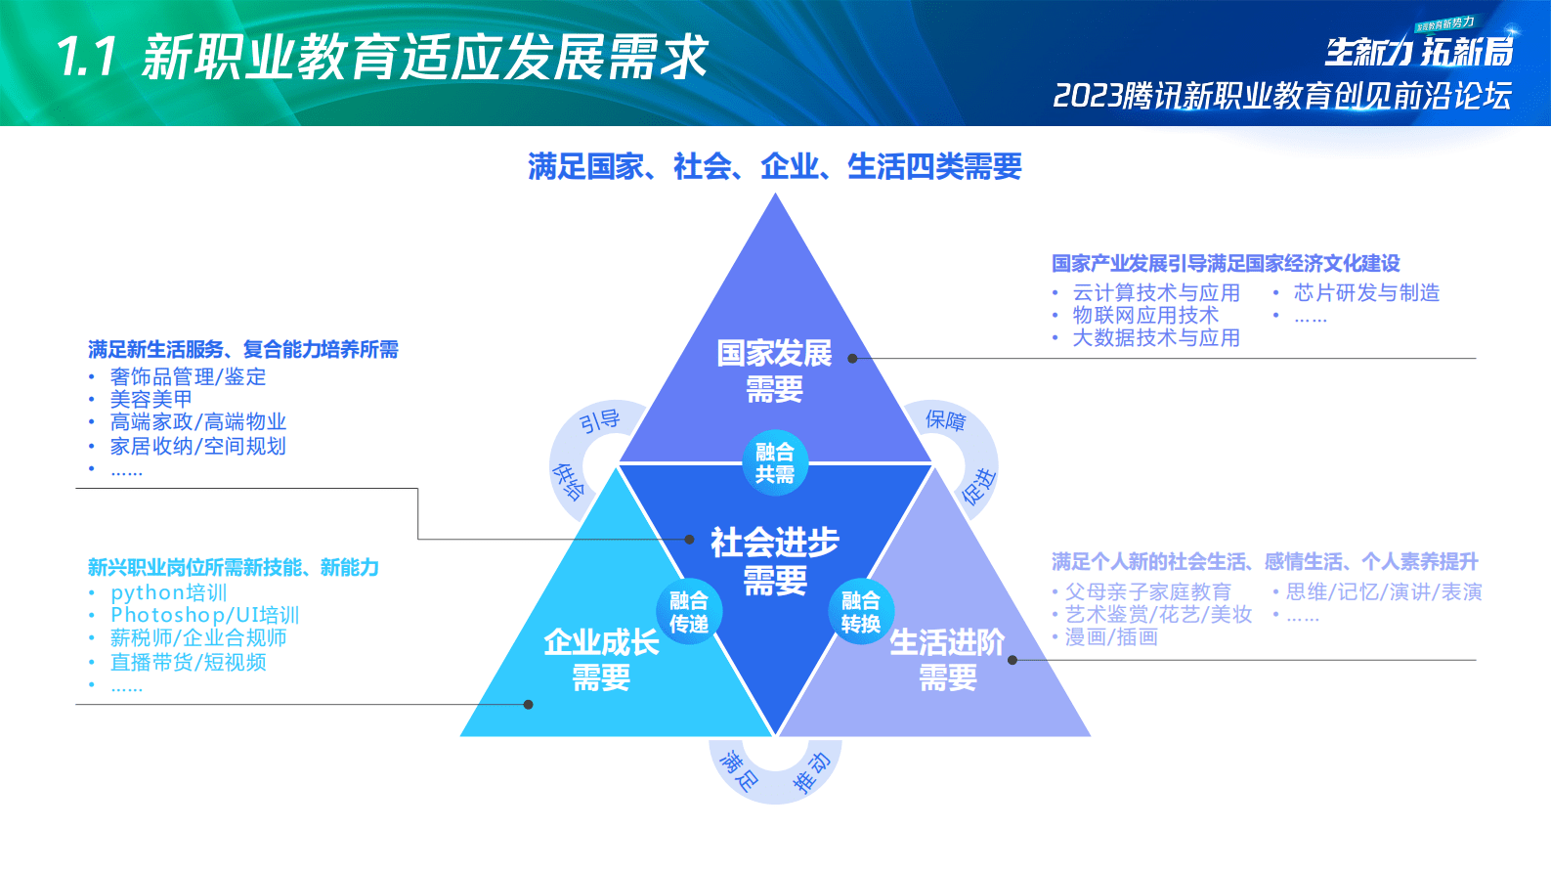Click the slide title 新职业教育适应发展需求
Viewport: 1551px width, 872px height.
425,58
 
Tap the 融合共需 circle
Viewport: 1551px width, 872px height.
775,462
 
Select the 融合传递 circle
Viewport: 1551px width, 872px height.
689,612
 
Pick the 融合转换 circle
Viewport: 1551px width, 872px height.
860,612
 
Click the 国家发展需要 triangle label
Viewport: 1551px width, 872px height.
774,371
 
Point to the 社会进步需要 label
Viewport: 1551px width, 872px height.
774,560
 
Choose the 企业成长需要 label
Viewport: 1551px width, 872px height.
601,659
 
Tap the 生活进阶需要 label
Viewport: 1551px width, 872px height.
947,659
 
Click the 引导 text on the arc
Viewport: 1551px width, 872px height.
599,421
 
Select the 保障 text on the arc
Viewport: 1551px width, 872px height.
945,420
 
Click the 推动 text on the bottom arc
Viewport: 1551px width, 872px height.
810,772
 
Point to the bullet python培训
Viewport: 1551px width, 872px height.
168,592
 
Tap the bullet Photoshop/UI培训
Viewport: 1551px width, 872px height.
204,615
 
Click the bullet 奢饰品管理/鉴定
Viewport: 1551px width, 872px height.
188,376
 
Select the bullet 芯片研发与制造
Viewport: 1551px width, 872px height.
1366,292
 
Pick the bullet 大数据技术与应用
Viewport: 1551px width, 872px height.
1156,338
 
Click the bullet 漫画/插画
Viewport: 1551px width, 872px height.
1111,637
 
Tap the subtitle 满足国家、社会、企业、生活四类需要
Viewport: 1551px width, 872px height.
775,166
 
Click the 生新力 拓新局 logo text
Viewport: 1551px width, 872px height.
1418,51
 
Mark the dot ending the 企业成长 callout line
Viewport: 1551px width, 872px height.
528,704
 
